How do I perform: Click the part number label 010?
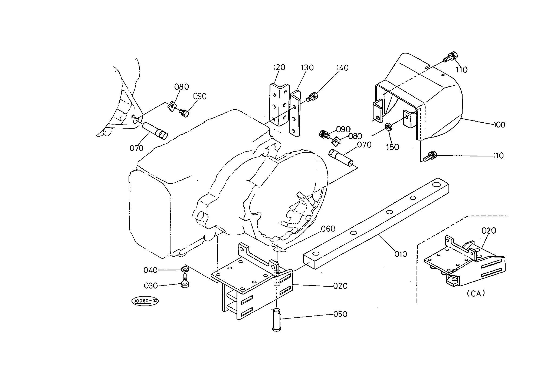coord(400,254)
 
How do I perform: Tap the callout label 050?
coord(340,314)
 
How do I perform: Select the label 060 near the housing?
coord(328,229)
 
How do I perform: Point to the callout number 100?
coord(499,125)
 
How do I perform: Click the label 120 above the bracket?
coord(279,67)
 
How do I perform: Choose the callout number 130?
coord(307,68)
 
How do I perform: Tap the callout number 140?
coord(342,68)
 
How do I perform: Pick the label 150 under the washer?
coord(392,147)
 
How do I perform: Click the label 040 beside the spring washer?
coord(150,270)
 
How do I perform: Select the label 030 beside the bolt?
coord(151,286)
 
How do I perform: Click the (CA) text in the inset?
coord(476,294)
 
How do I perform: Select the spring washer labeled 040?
coord(184,269)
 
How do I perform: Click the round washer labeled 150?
coord(388,126)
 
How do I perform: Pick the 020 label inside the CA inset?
coord(489,231)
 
